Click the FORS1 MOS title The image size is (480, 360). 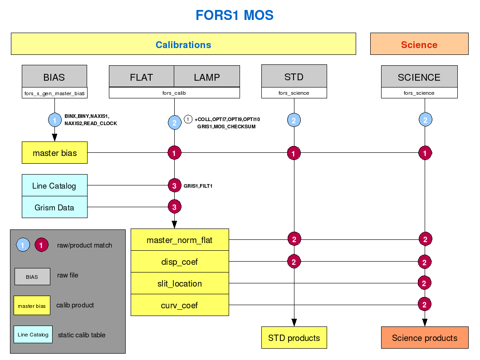point(234,15)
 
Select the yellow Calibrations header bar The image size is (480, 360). point(183,44)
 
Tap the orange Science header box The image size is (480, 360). point(419,44)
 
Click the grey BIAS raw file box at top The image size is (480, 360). point(54,77)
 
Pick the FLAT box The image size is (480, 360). point(142,77)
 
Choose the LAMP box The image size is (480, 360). point(207,77)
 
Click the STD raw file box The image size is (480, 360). point(294,77)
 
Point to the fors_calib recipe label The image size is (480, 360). point(174,93)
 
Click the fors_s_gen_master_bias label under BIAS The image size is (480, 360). point(54,93)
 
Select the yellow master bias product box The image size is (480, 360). point(54,153)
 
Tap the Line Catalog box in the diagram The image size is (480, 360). point(54,186)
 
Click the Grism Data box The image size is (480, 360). point(54,208)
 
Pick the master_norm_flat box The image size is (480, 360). point(180,240)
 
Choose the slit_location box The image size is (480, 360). point(180,284)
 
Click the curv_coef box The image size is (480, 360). point(180,306)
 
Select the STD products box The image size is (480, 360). point(294,338)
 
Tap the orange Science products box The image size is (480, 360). point(425,338)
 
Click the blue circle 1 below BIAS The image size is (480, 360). point(55,121)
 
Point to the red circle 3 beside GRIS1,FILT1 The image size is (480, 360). point(175,185)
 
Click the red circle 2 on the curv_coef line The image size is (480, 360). point(425,304)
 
